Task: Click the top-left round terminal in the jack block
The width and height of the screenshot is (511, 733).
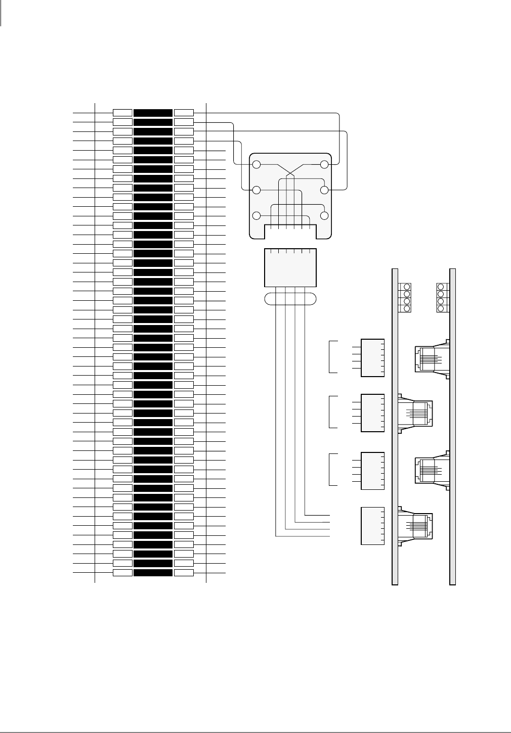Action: (x=257, y=164)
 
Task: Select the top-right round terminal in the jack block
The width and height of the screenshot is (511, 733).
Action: (x=324, y=164)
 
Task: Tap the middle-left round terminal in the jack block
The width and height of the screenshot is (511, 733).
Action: (x=257, y=190)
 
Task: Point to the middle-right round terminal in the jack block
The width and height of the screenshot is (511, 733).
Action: (x=324, y=190)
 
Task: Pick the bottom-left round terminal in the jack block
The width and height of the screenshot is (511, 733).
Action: (x=257, y=216)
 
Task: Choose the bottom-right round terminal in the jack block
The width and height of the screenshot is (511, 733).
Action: (x=324, y=216)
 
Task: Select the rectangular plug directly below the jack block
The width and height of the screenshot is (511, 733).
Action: (x=290, y=268)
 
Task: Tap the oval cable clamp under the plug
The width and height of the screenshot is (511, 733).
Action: (x=290, y=299)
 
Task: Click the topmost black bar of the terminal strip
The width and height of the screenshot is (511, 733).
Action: (x=153, y=112)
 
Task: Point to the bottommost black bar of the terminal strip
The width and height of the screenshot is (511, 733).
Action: (x=153, y=573)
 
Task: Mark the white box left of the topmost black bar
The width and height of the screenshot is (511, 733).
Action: (x=122, y=112)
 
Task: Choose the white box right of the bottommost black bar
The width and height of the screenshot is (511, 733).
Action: (x=184, y=573)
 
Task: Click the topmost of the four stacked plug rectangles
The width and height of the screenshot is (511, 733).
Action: (x=372, y=358)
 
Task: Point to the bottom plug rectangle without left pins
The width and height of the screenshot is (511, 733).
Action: (x=372, y=526)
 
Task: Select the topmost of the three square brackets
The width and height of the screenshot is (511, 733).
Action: (x=333, y=357)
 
